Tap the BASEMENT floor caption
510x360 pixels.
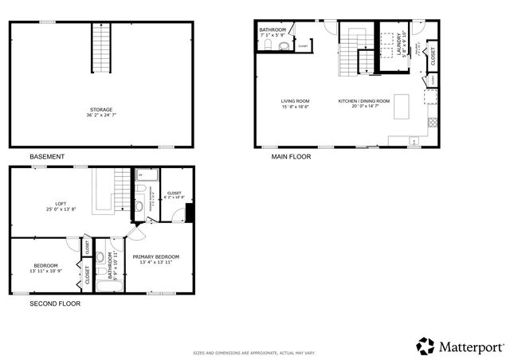47,157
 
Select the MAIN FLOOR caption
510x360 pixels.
291,157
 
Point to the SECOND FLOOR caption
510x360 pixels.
55,303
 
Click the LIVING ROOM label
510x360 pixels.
295,101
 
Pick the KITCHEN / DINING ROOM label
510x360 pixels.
363,101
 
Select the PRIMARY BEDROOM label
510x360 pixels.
156,256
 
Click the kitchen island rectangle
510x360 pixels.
401,104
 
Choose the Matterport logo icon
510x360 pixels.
426,346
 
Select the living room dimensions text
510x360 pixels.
295,108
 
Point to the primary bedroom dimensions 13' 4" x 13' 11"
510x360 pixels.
156,263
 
